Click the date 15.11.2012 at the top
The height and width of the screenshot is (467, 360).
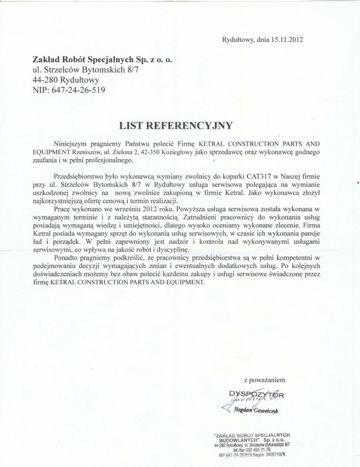tap(286, 40)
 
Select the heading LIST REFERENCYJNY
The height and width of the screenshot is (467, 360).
tap(181, 125)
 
